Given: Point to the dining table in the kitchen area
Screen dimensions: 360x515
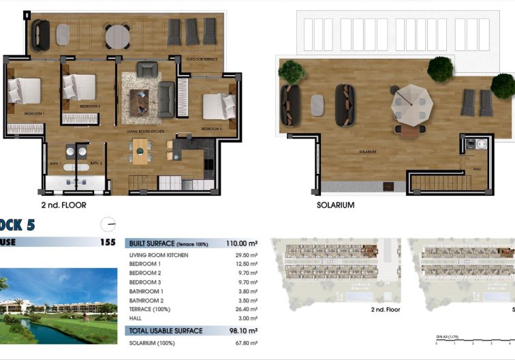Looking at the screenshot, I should (x=141, y=149).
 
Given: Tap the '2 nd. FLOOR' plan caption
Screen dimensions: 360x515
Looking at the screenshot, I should (x=64, y=205).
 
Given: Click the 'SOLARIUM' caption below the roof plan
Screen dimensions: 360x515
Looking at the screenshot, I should (x=336, y=205).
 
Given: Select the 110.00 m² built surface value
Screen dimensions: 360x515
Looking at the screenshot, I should (x=242, y=243).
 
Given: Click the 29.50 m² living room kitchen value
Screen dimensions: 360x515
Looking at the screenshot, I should (x=245, y=255).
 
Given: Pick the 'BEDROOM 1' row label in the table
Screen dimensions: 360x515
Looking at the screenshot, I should (x=145, y=264).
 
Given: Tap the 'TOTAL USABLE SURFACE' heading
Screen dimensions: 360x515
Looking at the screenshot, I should (x=166, y=331).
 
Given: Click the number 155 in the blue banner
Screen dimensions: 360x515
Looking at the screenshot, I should (x=108, y=242).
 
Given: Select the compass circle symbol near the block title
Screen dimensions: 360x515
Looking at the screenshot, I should (x=107, y=224).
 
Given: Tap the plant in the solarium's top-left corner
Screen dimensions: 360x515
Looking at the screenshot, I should (x=291, y=70).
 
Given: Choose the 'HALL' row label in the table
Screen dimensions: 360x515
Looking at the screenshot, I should (x=137, y=317).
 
